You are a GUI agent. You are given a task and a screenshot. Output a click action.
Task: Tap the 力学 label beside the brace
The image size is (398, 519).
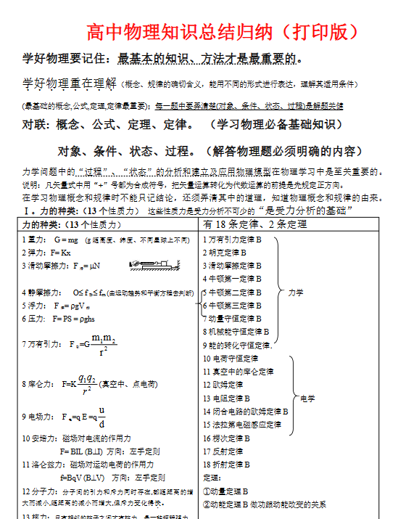pyautogui.click(x=296, y=292)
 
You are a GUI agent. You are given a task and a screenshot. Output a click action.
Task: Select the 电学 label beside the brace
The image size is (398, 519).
pyautogui.click(x=307, y=398)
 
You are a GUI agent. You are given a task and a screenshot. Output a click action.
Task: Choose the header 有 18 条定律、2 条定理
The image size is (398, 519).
pyautogui.click(x=254, y=224)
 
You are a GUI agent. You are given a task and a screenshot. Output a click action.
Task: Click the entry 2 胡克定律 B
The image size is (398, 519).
pyautogui.click(x=225, y=252)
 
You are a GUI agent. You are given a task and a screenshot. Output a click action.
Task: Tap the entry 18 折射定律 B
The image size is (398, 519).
pyautogui.click(x=227, y=464)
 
